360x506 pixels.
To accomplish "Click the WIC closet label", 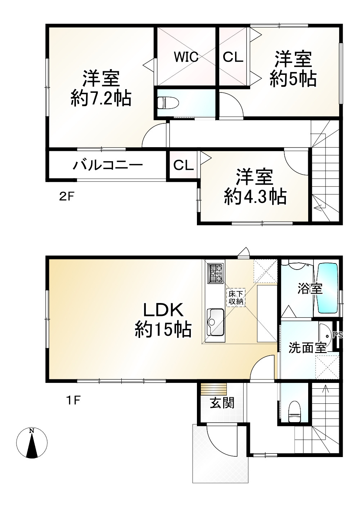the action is click(x=186, y=57).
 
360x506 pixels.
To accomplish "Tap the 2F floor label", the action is click(x=67, y=197).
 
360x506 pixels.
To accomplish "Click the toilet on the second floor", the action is click(x=168, y=103).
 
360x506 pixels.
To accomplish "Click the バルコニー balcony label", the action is click(x=107, y=165).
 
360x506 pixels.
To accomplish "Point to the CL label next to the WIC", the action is click(x=233, y=57).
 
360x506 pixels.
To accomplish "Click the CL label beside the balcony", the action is click(x=184, y=165).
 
